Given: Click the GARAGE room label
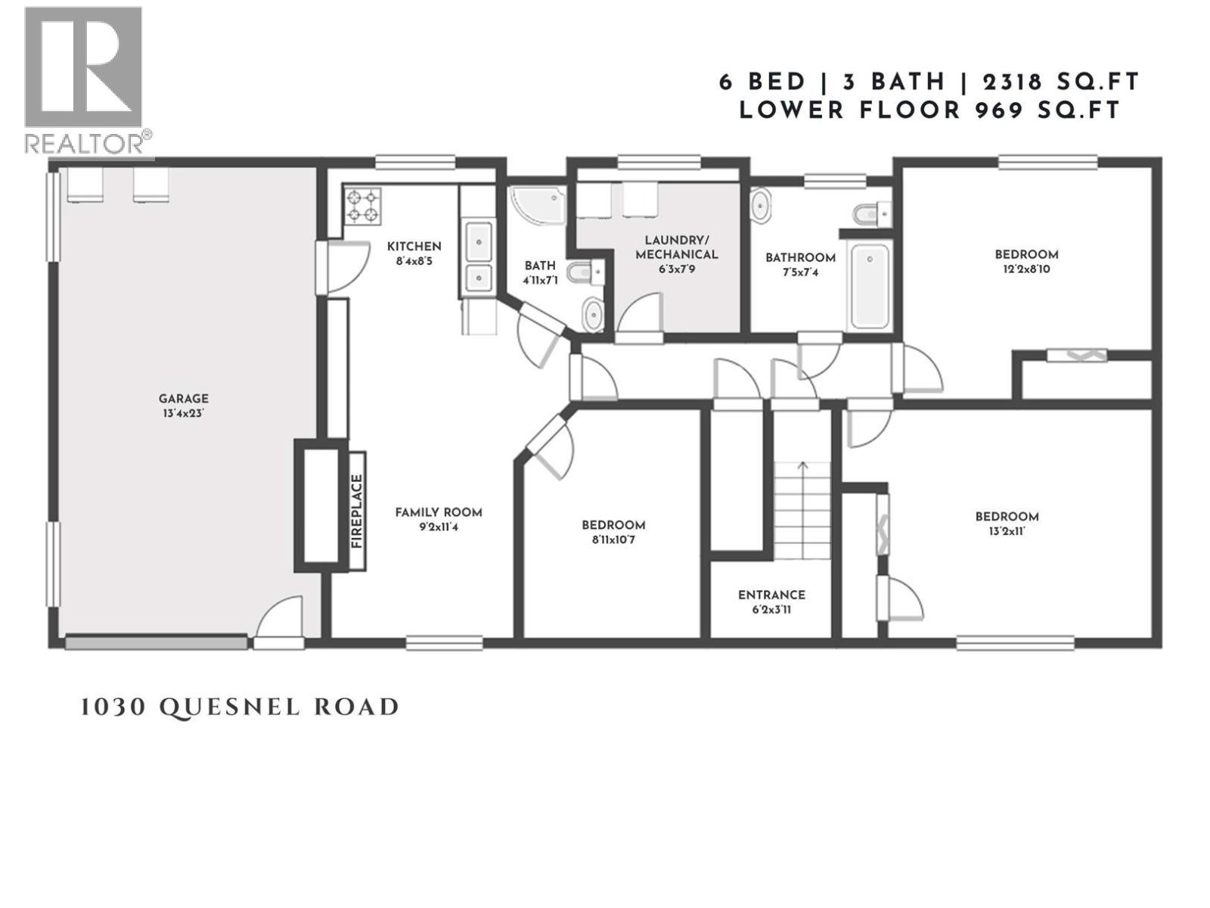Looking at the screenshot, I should tap(183, 399).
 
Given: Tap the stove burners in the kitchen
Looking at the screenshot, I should tap(362, 206).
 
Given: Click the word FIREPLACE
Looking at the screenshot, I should tap(357, 511).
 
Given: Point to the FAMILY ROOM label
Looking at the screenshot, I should tap(438, 512).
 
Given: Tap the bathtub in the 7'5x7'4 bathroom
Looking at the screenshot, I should tap(870, 286).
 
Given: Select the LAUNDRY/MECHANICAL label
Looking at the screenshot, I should tap(676, 247).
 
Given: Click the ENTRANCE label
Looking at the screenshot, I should tap(771, 595).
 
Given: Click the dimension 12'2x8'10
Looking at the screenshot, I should tap(1025, 269).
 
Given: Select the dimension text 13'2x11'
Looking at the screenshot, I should tap(1007, 531).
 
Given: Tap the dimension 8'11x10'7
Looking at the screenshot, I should tap(613, 540).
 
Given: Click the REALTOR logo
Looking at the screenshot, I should tap(85, 79).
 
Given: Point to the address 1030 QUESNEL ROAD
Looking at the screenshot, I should tap(239, 707).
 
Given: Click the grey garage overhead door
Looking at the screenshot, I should tap(156, 642).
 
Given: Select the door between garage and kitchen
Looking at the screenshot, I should tap(323, 267).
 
